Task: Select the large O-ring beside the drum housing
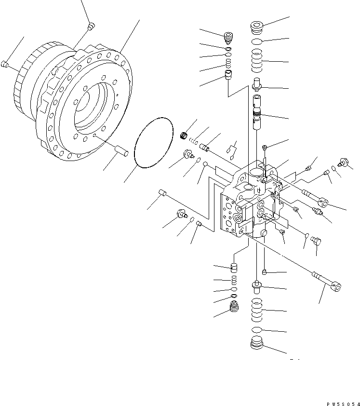coord(153,143)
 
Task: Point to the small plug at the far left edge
coord(5,64)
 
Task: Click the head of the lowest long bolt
coord(336,288)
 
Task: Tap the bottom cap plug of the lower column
coord(257,345)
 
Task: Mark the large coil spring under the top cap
coord(257,62)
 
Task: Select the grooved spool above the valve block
coord(257,116)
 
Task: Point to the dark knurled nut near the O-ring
coord(183,135)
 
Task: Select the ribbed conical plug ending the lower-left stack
coord(234,307)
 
